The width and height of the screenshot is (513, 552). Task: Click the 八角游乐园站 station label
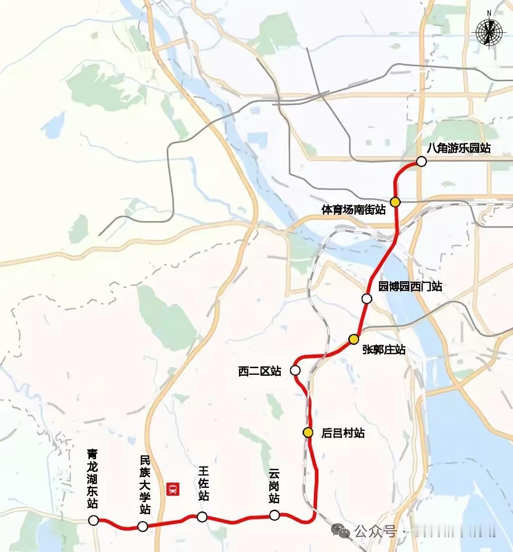458,148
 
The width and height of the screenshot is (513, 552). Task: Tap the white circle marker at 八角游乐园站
421,162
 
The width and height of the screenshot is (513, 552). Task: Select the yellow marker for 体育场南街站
395,202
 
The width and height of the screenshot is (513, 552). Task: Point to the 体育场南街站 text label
353,209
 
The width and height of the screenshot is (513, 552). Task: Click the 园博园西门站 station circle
367,299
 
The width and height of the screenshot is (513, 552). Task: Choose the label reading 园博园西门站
410,286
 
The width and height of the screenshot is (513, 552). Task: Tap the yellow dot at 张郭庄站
353,339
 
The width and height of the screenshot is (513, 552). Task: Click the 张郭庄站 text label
384,350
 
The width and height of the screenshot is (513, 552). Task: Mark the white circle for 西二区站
295,370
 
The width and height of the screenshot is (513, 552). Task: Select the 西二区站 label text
260,371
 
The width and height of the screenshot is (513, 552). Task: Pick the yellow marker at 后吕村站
308,433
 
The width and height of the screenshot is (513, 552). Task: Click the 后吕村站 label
343,433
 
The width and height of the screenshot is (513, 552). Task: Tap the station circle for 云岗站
274,515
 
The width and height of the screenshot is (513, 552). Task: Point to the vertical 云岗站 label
274,486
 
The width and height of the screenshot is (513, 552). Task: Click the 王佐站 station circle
202,517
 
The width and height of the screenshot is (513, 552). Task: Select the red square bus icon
172,489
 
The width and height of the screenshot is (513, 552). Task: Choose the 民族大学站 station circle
142,526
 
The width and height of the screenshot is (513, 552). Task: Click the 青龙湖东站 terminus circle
94,521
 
